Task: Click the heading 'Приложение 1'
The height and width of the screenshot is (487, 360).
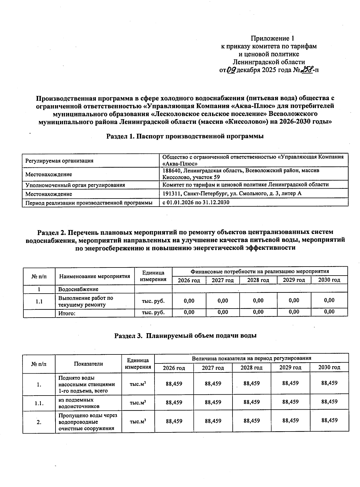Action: [272, 38]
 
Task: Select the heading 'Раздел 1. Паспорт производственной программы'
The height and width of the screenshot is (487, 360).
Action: [185, 136]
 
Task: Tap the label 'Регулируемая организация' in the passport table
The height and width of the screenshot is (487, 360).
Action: [59, 161]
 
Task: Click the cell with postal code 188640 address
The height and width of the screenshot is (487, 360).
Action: [241, 174]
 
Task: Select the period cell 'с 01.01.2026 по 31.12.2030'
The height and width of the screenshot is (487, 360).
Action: [196, 202]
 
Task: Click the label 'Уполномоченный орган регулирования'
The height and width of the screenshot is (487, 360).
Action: [75, 185]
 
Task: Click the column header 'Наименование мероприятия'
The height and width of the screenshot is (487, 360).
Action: [95, 276]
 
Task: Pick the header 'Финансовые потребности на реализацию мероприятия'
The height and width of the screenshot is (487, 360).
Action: [259, 271]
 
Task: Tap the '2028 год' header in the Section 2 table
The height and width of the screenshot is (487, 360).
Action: [258, 280]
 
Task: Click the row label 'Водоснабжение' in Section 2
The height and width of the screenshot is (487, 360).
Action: [78, 289]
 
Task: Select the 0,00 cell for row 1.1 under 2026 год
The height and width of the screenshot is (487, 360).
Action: [189, 301]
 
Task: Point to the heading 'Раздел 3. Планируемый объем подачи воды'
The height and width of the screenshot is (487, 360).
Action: [185, 336]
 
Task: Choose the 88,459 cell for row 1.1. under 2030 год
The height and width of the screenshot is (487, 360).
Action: [329, 402]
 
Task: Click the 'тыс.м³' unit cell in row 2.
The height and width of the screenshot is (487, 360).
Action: [138, 422]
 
